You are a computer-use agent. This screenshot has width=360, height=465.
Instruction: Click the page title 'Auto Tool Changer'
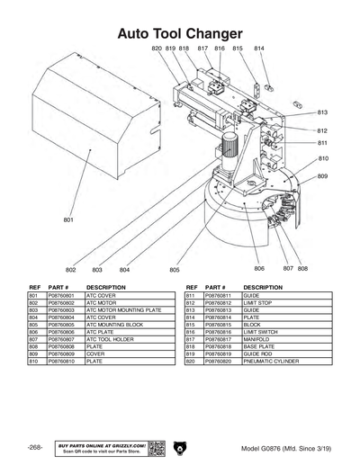click(x=179, y=33)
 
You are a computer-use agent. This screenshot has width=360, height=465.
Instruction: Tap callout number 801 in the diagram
click(x=68, y=219)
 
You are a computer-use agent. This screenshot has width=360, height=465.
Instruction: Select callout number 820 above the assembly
click(x=156, y=48)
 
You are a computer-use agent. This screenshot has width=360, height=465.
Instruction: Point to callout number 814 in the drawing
click(x=259, y=48)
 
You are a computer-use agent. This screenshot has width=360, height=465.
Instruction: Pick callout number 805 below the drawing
click(x=174, y=269)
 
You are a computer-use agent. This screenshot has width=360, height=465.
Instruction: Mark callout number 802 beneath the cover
click(x=71, y=270)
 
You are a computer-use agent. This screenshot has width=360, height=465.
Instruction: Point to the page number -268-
click(x=35, y=448)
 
